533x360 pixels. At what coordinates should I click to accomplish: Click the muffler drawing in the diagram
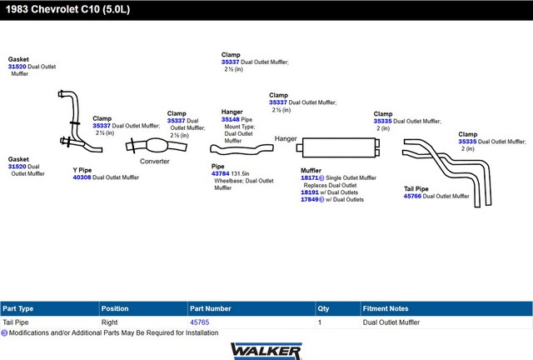click(x=338, y=147)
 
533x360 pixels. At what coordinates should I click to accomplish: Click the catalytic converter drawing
click(x=156, y=146)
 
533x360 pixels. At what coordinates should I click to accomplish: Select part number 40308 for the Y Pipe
click(x=82, y=177)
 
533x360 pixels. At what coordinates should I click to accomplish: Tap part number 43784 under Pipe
click(x=220, y=173)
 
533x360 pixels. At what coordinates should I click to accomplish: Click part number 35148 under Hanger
click(x=231, y=119)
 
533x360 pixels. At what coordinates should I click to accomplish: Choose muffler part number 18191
click(x=310, y=192)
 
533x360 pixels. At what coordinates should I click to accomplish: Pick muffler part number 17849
click(x=310, y=199)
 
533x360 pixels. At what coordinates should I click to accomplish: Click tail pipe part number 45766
click(x=413, y=196)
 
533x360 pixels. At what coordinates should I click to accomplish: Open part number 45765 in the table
click(x=200, y=322)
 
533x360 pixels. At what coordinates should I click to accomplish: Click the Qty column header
click(x=323, y=308)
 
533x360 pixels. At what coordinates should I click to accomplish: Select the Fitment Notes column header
click(x=386, y=308)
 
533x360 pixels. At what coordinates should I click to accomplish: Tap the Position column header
click(x=115, y=308)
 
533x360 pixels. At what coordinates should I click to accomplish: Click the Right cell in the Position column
click(x=109, y=322)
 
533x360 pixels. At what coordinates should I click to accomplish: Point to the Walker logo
click(x=266, y=351)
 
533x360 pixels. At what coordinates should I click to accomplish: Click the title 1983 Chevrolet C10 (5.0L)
click(x=67, y=9)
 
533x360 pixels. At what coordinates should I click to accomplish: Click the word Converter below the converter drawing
click(x=155, y=162)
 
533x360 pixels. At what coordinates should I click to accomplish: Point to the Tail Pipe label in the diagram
click(x=416, y=189)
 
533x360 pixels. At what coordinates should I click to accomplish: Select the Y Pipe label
click(x=82, y=170)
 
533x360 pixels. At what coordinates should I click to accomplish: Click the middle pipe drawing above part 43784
click(x=242, y=148)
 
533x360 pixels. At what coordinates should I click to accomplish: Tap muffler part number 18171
click(x=310, y=177)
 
